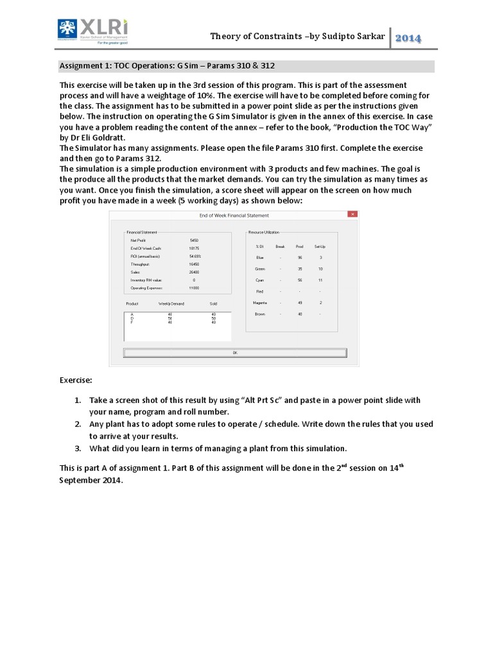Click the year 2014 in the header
point(408,38)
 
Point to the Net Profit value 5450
point(194,240)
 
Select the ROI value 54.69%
point(195,256)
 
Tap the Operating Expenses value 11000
point(194,288)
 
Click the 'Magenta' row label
point(261,302)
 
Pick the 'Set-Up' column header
point(319,246)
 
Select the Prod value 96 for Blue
point(300,257)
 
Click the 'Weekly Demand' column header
point(172,303)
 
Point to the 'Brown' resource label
point(260,314)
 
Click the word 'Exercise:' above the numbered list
point(76,380)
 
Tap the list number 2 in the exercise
point(77,424)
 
